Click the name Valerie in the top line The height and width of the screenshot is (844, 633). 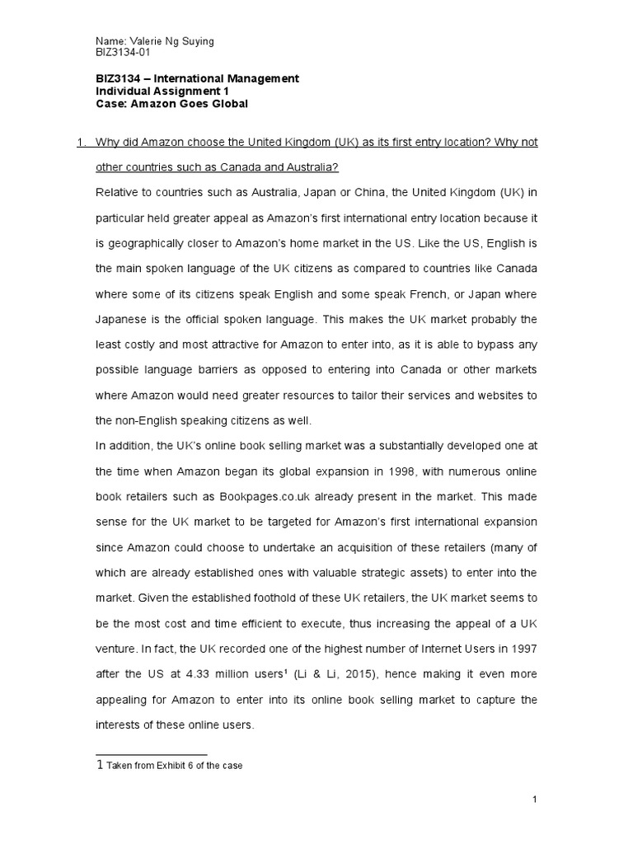click(x=143, y=41)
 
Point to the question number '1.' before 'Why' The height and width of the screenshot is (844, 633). click(x=81, y=143)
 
